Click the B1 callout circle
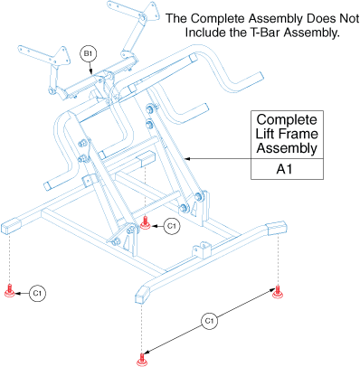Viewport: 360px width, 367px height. tap(88, 54)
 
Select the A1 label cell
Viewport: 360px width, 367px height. tap(287, 169)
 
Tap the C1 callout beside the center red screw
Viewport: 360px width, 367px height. tap(172, 226)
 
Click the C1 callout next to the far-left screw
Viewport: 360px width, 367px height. tap(37, 293)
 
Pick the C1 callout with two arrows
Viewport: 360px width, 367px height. tap(209, 321)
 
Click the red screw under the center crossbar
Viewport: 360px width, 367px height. tap(146, 223)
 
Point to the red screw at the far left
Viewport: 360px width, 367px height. tap(10, 290)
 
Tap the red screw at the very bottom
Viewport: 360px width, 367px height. tap(142, 359)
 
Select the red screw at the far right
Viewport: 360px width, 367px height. tap(278, 292)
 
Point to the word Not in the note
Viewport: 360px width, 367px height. tap(349, 18)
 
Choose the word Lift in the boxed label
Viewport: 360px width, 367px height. tap(265, 134)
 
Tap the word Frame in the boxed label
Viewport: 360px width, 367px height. tap(298, 134)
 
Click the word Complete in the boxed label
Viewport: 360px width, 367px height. tap(287, 120)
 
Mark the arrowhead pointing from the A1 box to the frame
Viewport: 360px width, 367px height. tap(187, 158)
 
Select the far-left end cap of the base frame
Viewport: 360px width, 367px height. tap(11, 227)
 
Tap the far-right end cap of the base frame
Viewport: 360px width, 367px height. tap(277, 229)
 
